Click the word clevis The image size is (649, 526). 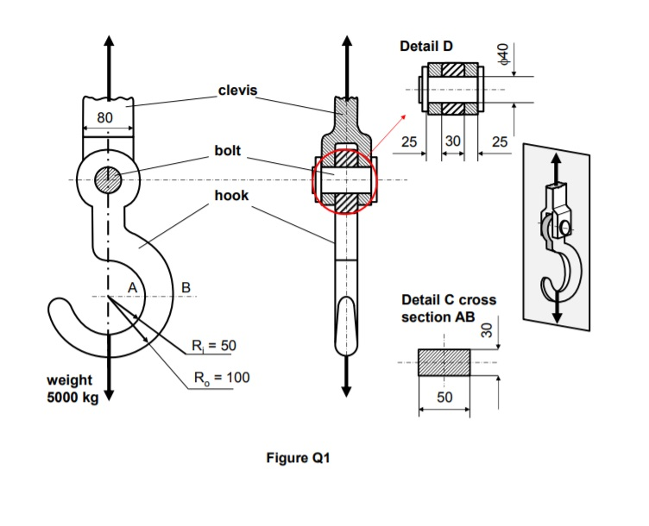pyautogui.click(x=237, y=91)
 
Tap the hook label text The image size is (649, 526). pyautogui.click(x=231, y=196)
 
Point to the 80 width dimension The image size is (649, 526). pyautogui.click(x=104, y=117)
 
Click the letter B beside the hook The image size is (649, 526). pyautogui.click(x=185, y=286)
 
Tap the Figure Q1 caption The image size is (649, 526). pyautogui.click(x=299, y=459)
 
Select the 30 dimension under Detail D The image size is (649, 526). pyautogui.click(x=453, y=141)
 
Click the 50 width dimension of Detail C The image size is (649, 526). pyautogui.click(x=444, y=398)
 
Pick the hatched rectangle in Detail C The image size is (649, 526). pyautogui.click(x=444, y=362)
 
